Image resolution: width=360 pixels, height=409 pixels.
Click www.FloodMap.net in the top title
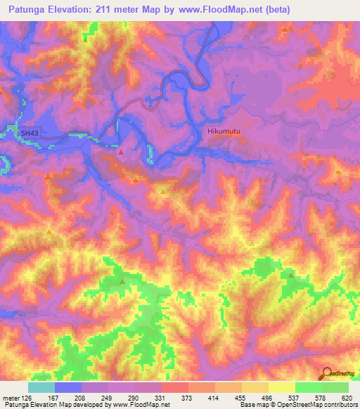click(221, 10)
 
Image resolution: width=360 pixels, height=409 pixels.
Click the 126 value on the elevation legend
click(25, 398)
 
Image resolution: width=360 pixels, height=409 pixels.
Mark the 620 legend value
click(347, 398)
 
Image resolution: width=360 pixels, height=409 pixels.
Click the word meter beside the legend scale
click(10, 398)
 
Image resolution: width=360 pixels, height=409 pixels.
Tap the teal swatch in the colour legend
click(41, 387)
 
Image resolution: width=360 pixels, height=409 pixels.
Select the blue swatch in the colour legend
click(68, 387)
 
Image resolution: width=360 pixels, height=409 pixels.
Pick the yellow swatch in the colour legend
click(281, 387)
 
